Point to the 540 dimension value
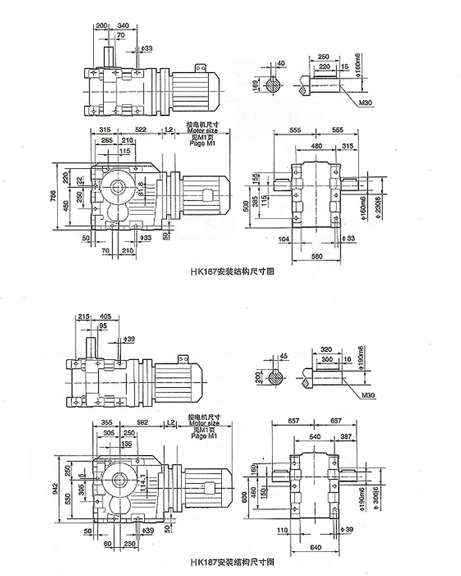[316, 438]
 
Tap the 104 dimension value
[283, 238]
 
